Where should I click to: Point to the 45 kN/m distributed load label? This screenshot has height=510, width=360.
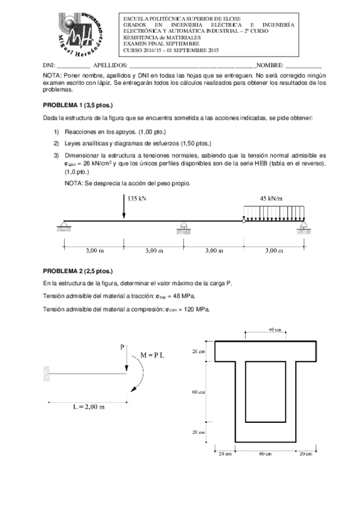pos(271,198)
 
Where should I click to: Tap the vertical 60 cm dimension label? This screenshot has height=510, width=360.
pos(198,392)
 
